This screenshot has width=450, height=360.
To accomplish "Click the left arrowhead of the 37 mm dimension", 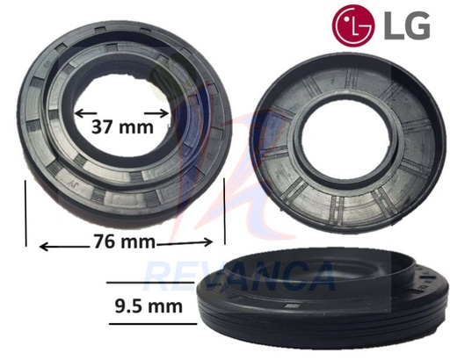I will [77, 112].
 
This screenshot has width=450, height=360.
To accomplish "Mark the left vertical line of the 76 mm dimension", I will [26, 216].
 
